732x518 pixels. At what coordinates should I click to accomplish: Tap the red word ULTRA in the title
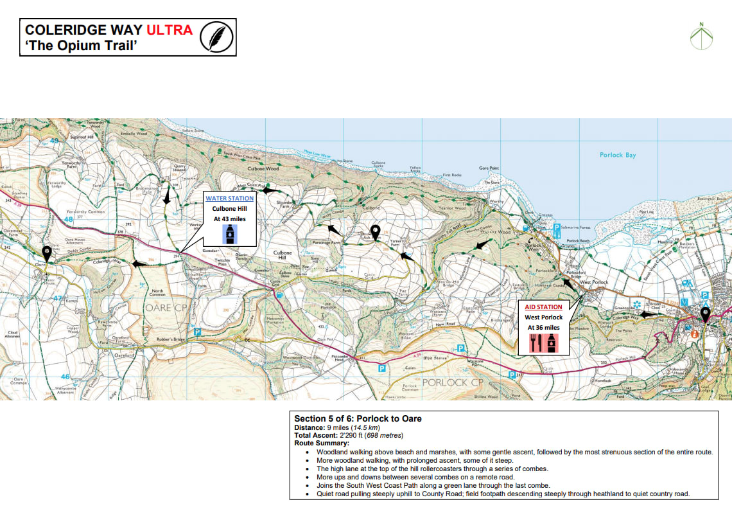point(169,30)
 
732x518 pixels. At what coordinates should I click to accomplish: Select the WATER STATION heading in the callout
point(229,199)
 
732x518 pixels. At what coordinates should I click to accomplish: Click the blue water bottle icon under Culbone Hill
point(230,233)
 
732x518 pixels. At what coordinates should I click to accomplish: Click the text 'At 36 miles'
point(544,328)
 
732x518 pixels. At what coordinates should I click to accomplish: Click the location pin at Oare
point(46,253)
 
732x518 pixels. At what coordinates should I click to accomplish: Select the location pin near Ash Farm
point(376,232)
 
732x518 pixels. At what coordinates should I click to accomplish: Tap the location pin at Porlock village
point(705,315)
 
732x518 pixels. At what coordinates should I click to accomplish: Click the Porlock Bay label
point(617,155)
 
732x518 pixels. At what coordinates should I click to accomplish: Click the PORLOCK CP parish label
point(451,382)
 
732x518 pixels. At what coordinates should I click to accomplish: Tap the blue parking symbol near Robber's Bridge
point(198,332)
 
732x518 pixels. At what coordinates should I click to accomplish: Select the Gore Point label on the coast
point(488,168)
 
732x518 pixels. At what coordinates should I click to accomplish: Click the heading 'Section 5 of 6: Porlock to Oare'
point(358,418)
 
